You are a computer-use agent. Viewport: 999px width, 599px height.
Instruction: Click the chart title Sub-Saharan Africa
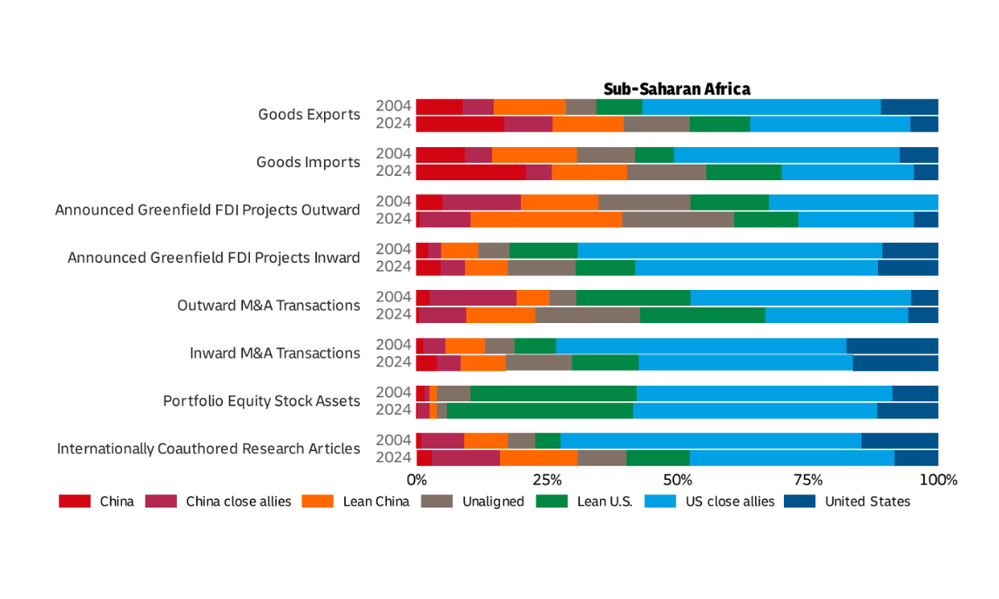point(677,89)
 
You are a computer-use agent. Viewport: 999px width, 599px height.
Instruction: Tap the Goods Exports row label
point(308,115)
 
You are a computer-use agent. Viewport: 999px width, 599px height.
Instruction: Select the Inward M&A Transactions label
point(274,353)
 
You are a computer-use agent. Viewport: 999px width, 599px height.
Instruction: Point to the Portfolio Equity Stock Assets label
point(261,401)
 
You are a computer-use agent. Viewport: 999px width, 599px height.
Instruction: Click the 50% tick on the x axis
point(677,480)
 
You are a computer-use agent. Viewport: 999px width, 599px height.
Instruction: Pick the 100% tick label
point(938,480)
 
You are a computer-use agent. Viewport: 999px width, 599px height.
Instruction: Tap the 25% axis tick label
point(546,480)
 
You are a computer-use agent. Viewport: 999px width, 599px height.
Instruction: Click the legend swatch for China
point(74,501)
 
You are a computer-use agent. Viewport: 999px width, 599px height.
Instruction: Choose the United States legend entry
point(867,501)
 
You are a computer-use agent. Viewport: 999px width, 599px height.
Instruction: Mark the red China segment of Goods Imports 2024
point(470,172)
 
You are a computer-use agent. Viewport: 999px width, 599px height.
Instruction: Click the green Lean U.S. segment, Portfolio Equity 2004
point(553,393)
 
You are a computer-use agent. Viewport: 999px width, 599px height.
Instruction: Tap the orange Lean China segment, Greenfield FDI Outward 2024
point(546,219)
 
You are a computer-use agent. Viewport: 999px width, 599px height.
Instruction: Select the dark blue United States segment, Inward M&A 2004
point(892,345)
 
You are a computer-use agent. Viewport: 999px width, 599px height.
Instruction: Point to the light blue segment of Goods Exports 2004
point(761,106)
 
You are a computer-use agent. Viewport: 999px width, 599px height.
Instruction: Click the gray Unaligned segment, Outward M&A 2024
point(587,314)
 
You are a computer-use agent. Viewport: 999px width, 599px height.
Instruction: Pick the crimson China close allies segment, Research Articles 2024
point(466,458)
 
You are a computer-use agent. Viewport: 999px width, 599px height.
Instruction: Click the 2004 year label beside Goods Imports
point(393,154)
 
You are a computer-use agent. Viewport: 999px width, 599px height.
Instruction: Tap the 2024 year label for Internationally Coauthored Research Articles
point(393,458)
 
